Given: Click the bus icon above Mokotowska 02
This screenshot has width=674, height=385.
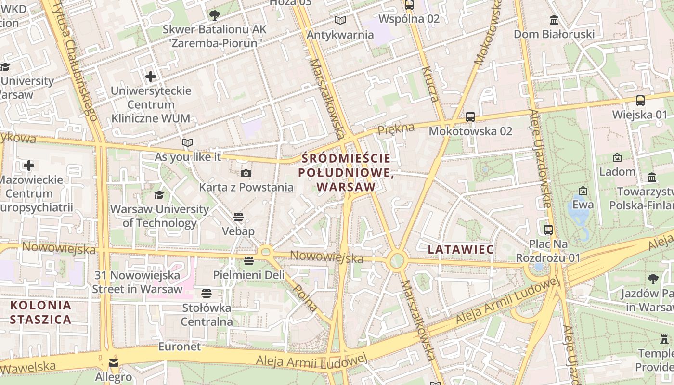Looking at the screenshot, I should click(x=470, y=117).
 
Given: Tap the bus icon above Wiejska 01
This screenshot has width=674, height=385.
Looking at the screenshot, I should click(x=640, y=101).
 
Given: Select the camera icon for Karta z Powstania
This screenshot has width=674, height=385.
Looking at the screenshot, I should click(x=246, y=174).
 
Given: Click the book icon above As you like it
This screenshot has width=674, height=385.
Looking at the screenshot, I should click(x=188, y=143).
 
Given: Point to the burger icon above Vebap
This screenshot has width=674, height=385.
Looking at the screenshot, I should click(x=238, y=217).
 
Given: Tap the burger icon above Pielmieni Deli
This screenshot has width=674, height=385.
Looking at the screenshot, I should click(x=249, y=261).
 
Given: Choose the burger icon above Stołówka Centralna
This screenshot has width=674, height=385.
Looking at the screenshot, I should click(x=207, y=293).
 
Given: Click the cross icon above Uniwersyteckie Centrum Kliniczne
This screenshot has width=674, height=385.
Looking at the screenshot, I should click(x=151, y=76).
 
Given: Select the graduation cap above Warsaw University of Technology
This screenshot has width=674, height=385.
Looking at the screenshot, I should click(x=159, y=195).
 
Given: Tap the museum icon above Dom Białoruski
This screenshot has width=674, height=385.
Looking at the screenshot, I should click(x=554, y=20).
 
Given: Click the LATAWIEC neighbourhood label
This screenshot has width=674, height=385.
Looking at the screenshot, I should click(x=461, y=249).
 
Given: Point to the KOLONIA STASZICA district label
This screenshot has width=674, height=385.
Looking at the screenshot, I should click(x=40, y=312).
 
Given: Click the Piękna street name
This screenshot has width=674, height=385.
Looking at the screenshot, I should click(x=396, y=129).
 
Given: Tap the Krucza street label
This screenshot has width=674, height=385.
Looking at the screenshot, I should click(x=430, y=84).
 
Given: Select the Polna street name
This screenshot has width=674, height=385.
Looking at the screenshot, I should click(x=305, y=297).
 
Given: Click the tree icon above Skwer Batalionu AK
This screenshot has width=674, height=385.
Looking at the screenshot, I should click(x=215, y=15).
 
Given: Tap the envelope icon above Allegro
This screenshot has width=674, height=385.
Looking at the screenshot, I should click(x=114, y=363).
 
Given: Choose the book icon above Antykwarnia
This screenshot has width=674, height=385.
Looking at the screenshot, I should click(x=340, y=21).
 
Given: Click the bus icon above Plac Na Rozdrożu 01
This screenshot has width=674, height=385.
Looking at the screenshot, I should click(x=548, y=230).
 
